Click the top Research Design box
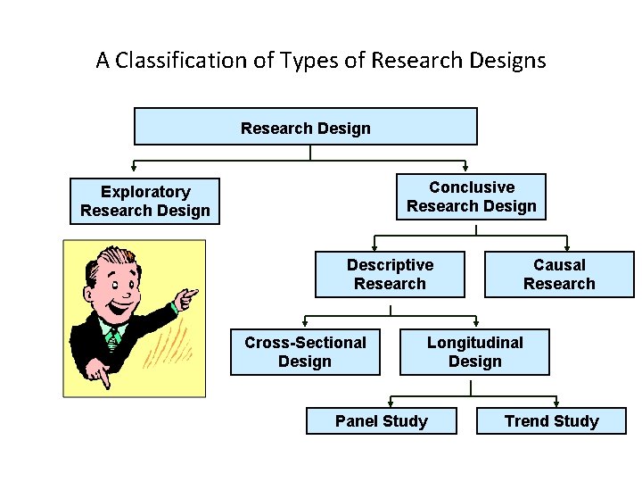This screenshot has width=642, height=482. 305,127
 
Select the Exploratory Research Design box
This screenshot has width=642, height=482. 144,202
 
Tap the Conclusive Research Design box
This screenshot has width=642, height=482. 471,197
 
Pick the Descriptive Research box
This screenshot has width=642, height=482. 390,274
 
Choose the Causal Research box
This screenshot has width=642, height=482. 559,274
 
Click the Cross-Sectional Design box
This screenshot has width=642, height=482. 305,352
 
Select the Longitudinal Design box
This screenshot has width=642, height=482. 474,352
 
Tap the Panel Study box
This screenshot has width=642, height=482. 381,421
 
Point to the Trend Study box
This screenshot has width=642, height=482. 551,421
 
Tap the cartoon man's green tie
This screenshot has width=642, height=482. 112,337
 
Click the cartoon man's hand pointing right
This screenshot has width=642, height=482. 186,299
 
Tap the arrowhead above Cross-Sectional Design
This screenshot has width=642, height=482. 306,323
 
